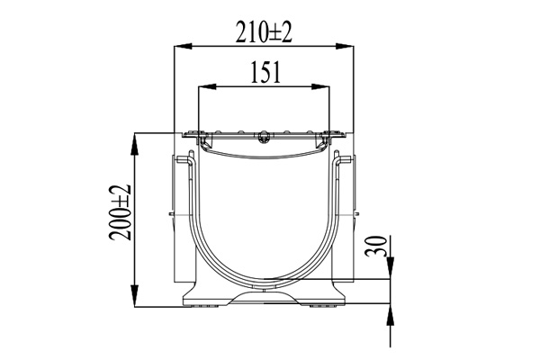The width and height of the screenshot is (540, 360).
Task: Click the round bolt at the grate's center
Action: pyautogui.click(x=262, y=137)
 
